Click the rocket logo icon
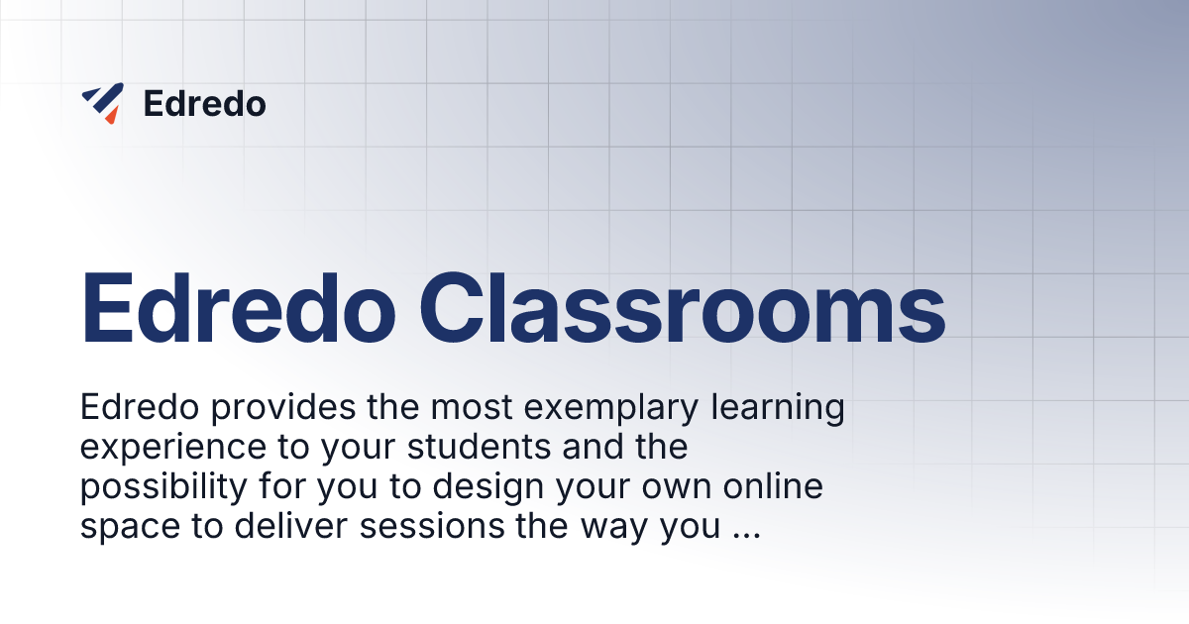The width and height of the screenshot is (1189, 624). click(102, 102)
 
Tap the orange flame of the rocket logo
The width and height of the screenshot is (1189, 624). click(111, 116)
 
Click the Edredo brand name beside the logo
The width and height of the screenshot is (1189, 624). click(205, 103)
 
